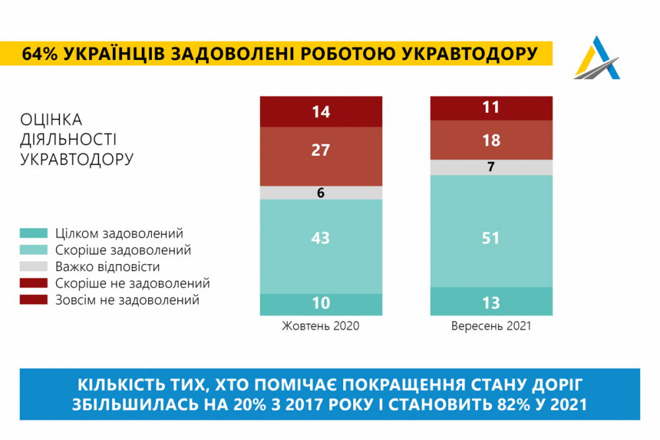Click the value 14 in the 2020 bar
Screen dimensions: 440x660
pos(321,111)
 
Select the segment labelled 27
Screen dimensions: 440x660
pos(321,150)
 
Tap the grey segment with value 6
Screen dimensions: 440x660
pos(321,193)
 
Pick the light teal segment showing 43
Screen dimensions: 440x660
pos(321,237)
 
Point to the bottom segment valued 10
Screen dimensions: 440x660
pos(321,303)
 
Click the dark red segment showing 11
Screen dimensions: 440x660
pos(491,108)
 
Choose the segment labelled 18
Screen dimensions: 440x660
pos(491,140)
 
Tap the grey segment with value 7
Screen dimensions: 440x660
pos(491,167)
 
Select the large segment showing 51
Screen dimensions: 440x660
pos(491,237)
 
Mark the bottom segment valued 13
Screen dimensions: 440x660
pos(491,303)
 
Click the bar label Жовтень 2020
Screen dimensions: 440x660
pos(321,327)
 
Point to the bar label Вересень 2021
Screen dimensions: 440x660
pos(491,327)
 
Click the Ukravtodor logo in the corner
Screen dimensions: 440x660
pos(597,58)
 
